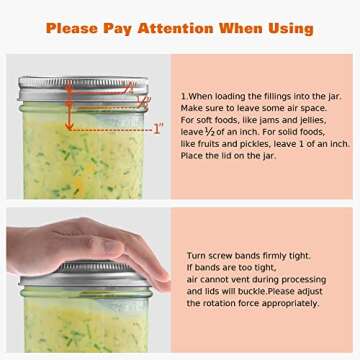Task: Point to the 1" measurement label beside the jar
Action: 157,129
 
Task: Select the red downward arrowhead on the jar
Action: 70,125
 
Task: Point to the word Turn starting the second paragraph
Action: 197,256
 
